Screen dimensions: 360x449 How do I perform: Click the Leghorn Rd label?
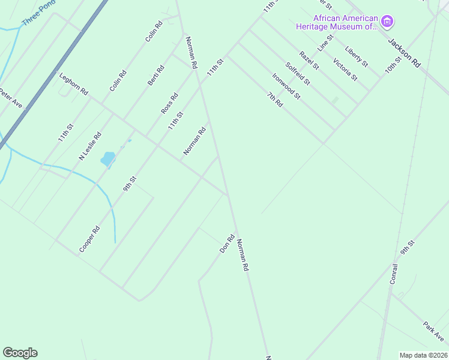tap(74, 84)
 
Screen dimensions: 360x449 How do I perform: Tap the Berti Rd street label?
tap(156, 75)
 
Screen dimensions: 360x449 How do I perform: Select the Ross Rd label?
tap(170, 103)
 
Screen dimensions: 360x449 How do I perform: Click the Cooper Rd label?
tap(89, 239)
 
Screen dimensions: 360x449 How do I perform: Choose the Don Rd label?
tap(226, 243)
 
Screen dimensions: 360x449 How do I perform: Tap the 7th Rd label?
tap(275, 99)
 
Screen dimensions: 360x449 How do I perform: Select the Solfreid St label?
tap(298, 73)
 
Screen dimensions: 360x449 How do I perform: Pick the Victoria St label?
tap(345, 70)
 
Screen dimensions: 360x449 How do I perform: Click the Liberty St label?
tap(357, 56)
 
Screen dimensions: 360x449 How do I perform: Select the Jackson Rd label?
tap(404, 52)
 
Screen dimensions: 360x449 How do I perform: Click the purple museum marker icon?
tap(387, 23)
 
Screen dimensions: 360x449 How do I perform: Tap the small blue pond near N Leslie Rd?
tap(108, 158)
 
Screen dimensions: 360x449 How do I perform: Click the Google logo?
tap(20, 353)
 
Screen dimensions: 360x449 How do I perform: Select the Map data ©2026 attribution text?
tap(423, 355)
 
